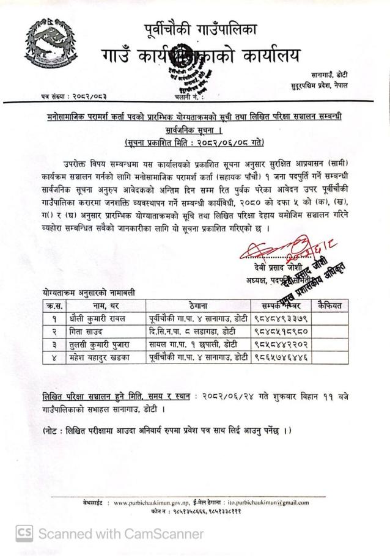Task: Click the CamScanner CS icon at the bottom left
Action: (x=24, y=533)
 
